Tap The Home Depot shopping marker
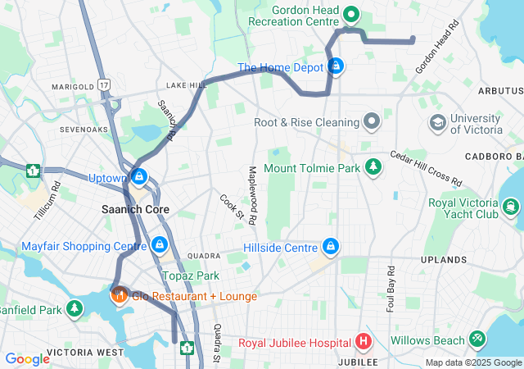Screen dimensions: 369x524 click(335, 66)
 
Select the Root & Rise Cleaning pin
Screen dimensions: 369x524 click(372, 122)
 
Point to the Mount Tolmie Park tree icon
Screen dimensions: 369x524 click(373, 167)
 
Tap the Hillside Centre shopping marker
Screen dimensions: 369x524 click(331, 247)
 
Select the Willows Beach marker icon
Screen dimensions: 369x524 click(478, 339)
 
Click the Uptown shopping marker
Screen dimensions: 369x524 click(139, 177)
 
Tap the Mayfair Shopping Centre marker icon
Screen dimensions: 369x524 click(160, 245)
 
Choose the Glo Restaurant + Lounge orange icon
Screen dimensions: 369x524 click(118, 295)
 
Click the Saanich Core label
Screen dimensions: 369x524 click(135, 210)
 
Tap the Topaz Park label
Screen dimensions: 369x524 click(190, 276)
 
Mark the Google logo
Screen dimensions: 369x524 click(27, 358)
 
